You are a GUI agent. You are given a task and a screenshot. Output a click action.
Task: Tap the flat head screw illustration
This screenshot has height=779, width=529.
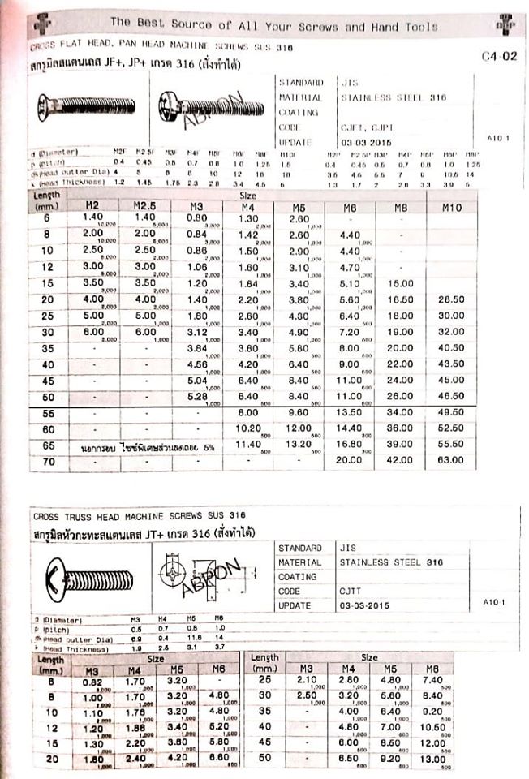pyautogui.click(x=85, y=105)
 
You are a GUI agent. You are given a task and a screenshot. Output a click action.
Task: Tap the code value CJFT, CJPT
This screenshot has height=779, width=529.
pyautogui.click(x=363, y=127)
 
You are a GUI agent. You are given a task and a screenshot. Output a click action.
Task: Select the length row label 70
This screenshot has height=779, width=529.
pyautogui.click(x=48, y=461)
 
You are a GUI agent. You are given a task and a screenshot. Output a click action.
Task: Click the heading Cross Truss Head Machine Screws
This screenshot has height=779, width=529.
pyautogui.click(x=139, y=515)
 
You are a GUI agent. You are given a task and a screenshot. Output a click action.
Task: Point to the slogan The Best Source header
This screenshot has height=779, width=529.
pyautogui.click(x=273, y=26)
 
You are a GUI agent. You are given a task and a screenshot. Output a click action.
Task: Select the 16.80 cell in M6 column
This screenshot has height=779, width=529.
pyautogui.click(x=349, y=445)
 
